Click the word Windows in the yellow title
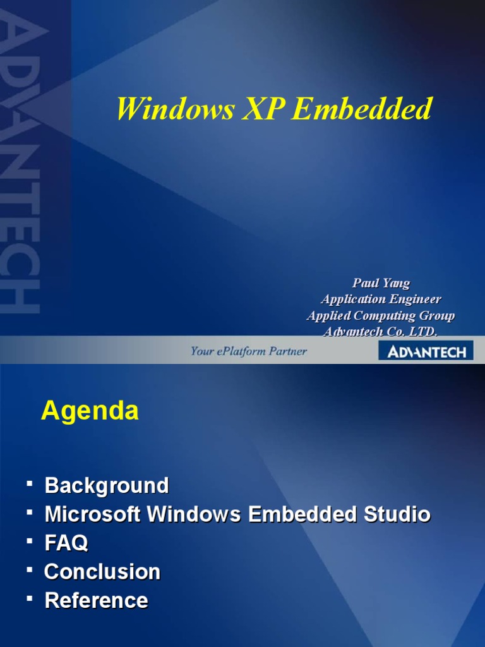(164, 109)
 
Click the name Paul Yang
(381, 283)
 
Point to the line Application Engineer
(381, 299)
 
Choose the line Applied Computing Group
(381, 315)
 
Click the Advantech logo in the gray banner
(426, 352)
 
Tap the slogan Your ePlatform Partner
(249, 351)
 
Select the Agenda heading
(90, 411)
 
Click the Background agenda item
(107, 486)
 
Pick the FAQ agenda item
(66, 543)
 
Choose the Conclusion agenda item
(102, 572)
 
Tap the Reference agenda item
(97, 600)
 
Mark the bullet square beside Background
(30, 483)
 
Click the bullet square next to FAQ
(30, 540)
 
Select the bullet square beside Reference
(30, 598)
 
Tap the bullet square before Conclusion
(30, 569)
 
